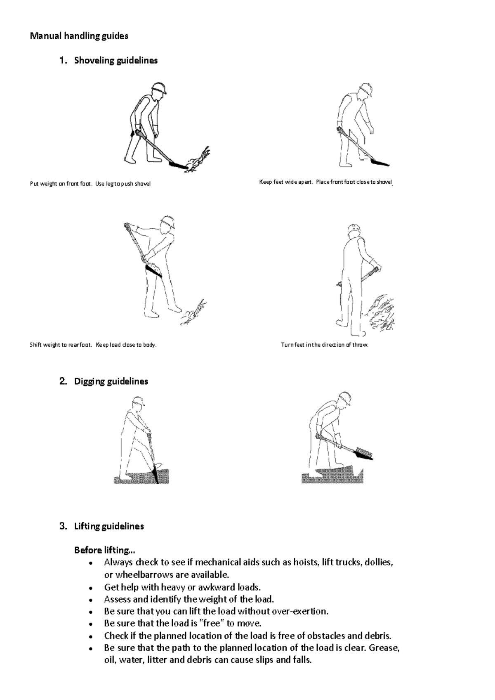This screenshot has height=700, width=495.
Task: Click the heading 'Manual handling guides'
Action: click(x=79, y=36)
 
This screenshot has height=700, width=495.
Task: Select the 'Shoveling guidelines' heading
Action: click(x=115, y=60)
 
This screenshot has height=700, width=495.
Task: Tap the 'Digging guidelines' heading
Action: click(x=111, y=381)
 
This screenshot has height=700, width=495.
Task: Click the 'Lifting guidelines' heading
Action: click(x=109, y=526)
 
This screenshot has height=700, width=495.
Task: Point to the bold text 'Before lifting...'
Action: click(x=104, y=550)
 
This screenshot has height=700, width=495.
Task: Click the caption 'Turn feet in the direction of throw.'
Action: click(x=325, y=345)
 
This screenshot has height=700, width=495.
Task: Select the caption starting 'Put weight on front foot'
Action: click(x=90, y=184)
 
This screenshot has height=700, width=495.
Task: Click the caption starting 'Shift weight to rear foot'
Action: click(x=93, y=345)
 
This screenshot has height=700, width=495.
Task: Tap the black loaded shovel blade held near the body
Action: click(x=154, y=270)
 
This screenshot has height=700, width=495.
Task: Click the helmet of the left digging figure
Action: click(x=138, y=401)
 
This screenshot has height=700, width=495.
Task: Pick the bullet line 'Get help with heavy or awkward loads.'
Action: click(x=182, y=587)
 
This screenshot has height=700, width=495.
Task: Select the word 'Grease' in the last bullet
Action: click(x=384, y=648)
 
